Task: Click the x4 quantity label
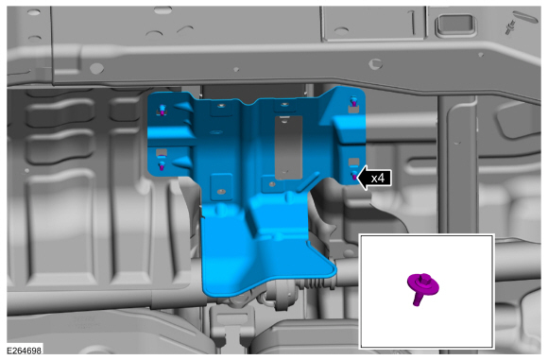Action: (377, 179)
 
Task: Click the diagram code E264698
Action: (25, 351)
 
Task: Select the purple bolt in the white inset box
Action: (422, 288)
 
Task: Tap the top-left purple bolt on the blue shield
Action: (163, 110)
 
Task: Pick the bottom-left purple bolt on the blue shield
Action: (162, 165)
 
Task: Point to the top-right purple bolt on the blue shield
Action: (354, 101)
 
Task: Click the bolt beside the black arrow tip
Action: (354, 175)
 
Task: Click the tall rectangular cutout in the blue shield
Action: (288, 147)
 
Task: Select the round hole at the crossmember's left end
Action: (96, 68)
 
